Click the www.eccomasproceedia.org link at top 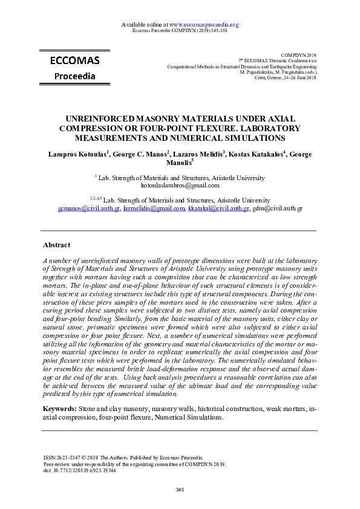[x=204, y=25]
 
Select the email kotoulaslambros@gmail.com [x=180, y=186]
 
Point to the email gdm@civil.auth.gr [x=277, y=208]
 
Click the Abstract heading [x=56, y=245]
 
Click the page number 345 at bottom [x=180, y=489]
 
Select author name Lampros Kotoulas [x=78, y=155]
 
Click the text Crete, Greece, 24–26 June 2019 [x=286, y=77]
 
